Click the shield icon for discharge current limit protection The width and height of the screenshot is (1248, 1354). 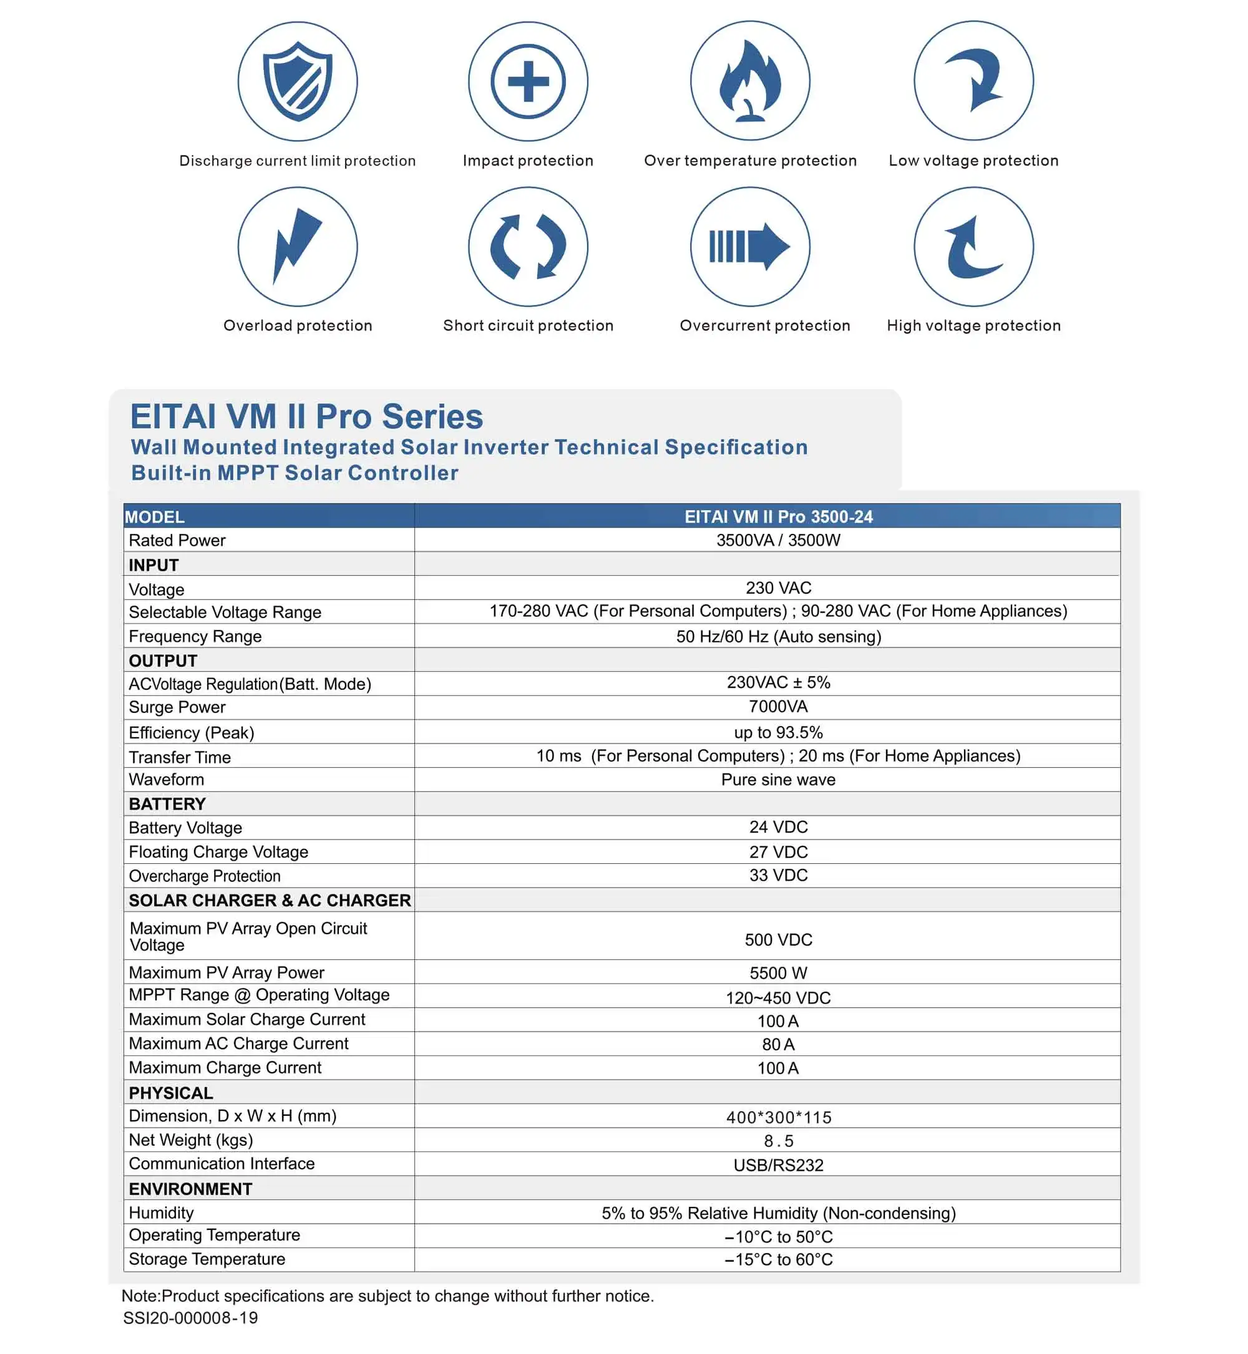(297, 81)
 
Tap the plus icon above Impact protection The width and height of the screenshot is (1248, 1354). (528, 81)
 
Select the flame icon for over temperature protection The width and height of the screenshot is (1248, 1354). (749, 81)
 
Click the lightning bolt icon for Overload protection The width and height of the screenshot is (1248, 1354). (297, 246)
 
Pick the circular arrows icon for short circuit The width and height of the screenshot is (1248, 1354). (528, 246)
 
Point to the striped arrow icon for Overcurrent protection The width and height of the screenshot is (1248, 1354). (749, 246)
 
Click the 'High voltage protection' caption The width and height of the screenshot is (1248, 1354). (973, 326)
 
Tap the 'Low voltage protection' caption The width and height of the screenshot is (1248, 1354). (973, 161)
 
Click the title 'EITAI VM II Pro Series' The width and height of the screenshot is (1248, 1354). (306, 417)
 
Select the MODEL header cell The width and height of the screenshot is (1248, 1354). (155, 517)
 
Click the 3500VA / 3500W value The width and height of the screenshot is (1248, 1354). (778, 540)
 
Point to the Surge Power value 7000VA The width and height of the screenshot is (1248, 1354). (778, 707)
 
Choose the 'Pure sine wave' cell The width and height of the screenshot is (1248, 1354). (778, 780)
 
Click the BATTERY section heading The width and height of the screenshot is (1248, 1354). (167, 804)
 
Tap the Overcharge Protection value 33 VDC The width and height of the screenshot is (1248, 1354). (778, 876)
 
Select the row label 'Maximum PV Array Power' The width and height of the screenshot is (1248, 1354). (227, 973)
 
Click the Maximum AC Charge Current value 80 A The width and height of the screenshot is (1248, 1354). (778, 1044)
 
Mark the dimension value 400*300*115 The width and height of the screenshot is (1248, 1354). (778, 1117)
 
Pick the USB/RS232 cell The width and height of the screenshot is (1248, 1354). (778, 1165)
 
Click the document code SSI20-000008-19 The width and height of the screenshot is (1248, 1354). (190, 1318)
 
